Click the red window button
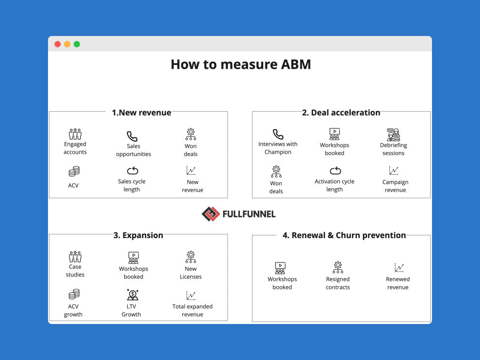pos(58,44)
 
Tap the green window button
pos(77,44)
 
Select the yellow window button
pos(67,44)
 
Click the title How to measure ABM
pos(240,64)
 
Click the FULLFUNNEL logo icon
pos(210,214)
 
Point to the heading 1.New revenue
pos(141,112)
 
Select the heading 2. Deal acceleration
pos(341,112)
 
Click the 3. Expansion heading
pos(138,235)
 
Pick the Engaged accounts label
pos(75,148)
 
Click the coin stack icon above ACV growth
pos(74,294)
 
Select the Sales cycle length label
pos(132,185)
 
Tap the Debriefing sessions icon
pos(394,134)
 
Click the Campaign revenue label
pos(395,186)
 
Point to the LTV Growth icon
pos(132,295)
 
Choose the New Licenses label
pos(191,273)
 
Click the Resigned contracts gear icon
pos(338,267)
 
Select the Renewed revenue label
pos(398,283)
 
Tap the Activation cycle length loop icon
pos(335,171)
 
